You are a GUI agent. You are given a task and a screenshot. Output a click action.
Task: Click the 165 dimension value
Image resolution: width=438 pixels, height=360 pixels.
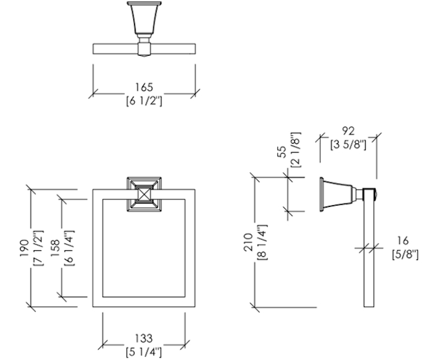click(143, 88)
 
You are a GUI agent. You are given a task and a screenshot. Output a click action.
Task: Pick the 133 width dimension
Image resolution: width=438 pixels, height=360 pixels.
click(144, 338)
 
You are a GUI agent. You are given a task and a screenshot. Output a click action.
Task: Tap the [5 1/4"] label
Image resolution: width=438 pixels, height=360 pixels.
click(144, 350)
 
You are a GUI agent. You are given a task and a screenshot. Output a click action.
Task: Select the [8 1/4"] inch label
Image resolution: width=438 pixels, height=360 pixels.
click(263, 242)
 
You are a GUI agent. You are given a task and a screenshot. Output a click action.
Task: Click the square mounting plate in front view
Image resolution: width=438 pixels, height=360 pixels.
click(144, 194)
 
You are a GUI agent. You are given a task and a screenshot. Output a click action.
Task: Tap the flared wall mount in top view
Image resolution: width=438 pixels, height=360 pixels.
click(143, 21)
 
